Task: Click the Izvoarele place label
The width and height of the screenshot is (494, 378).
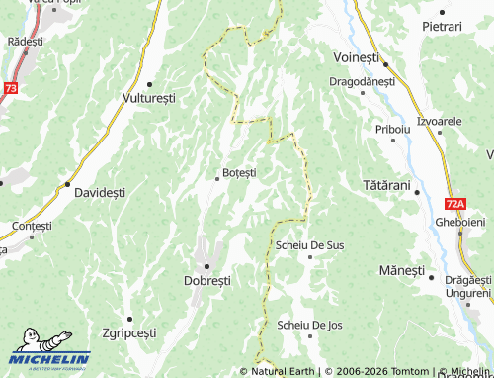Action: (x=440, y=120)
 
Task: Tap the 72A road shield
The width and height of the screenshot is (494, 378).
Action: (x=454, y=204)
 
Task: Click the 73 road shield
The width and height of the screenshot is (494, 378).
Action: (x=10, y=88)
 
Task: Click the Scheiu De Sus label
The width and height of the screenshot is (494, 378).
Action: (x=310, y=244)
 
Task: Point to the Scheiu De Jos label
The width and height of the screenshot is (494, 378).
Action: (x=309, y=325)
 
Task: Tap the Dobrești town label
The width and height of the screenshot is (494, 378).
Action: (x=207, y=280)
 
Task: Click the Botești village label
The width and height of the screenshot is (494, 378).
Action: (x=239, y=172)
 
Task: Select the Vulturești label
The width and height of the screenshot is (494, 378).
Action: (x=148, y=99)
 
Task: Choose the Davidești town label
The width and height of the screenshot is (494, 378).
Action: (x=100, y=192)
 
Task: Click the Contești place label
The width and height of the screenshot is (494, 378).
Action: (x=32, y=226)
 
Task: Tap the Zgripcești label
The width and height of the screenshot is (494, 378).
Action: (x=128, y=332)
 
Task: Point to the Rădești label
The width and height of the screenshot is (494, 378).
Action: (x=25, y=42)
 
